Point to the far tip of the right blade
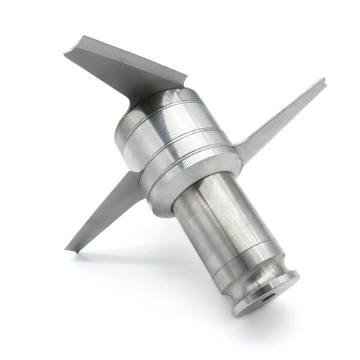322,80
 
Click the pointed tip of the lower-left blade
68,248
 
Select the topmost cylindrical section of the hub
159,108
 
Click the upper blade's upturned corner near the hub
180,78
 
